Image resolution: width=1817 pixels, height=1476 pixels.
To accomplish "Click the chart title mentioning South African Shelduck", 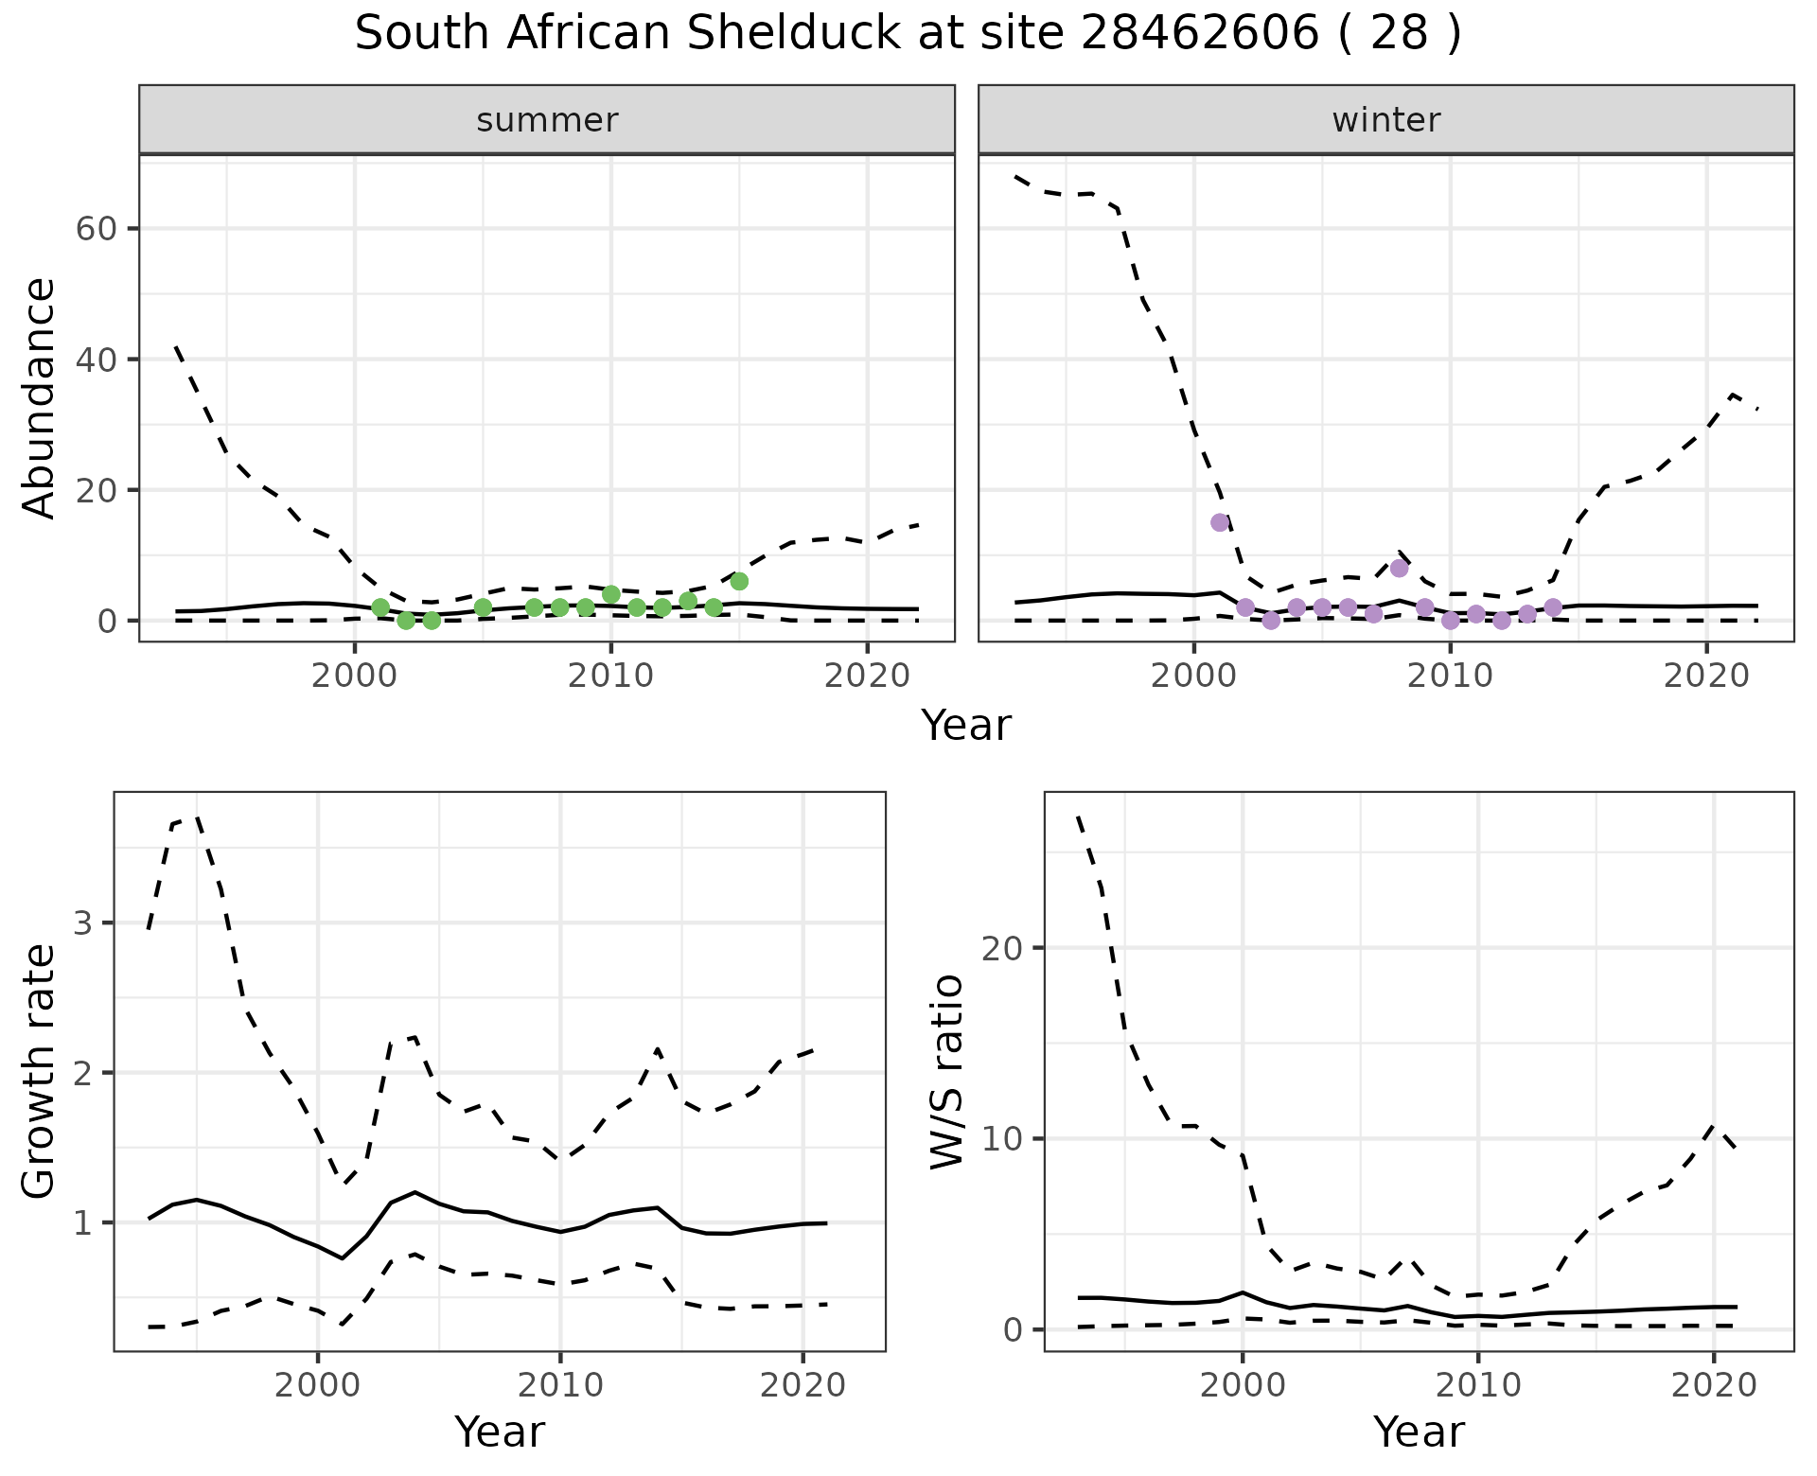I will coord(908,34).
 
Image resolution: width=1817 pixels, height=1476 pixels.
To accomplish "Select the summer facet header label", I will coord(547,120).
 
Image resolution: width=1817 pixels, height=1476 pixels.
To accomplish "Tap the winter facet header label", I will coord(1386,120).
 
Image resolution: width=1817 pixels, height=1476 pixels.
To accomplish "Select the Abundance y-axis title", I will coord(39,397).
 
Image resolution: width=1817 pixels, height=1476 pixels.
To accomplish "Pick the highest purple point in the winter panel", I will coord(1220,522).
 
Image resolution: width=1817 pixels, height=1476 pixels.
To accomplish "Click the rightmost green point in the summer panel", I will coord(739,581).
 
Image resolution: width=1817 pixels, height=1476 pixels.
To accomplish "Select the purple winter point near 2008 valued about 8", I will coord(1400,568).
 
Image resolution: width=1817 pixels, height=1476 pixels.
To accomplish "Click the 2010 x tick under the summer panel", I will coord(610,676).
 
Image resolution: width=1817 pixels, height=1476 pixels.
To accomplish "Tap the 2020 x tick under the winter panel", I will coord(1705,676).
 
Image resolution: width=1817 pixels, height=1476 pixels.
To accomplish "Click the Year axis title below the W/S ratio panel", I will coord(1419,1432).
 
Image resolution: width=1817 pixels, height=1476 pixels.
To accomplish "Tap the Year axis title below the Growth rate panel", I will coord(500,1432).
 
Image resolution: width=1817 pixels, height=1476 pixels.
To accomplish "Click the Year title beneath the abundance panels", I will coord(966,726).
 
